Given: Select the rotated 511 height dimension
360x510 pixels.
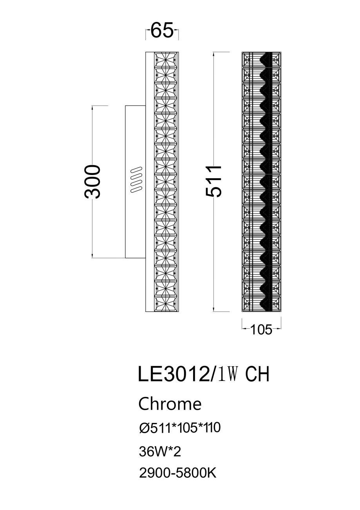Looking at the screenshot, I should [214, 181].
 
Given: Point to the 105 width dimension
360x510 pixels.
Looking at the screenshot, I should [261, 330].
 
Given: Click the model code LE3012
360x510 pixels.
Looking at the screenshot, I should [174, 374].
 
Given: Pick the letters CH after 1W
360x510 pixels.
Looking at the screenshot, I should [257, 374].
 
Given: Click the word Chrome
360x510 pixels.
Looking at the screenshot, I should [170, 404].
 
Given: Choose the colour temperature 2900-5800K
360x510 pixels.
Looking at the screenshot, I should [178, 474].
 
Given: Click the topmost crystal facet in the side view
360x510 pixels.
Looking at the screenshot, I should [165, 60].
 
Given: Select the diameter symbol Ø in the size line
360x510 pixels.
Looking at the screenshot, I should [144, 428].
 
